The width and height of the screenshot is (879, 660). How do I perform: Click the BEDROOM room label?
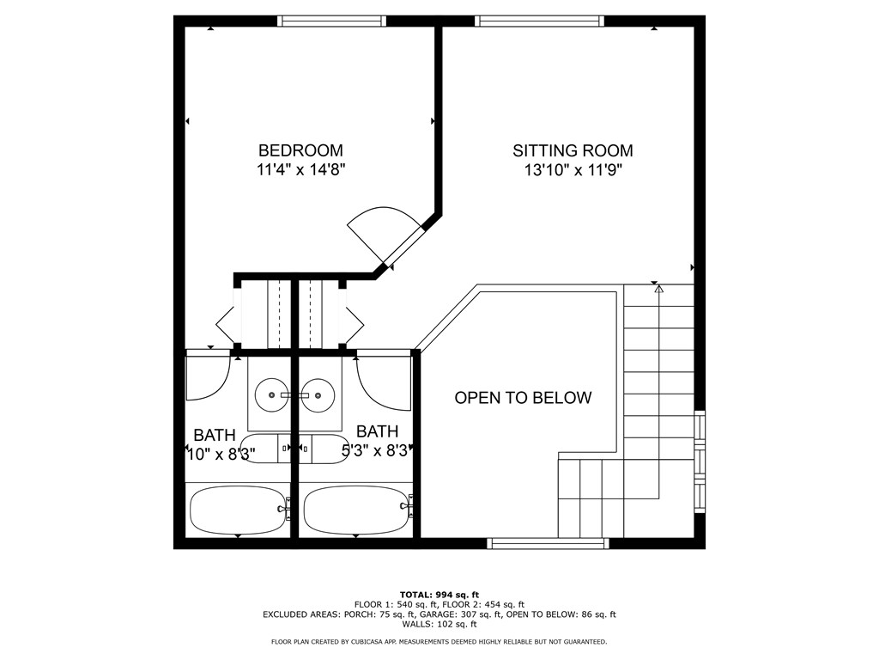[300, 150]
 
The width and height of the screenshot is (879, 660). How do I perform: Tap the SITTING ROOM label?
[573, 150]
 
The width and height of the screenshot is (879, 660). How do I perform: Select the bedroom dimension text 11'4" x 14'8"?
[300, 170]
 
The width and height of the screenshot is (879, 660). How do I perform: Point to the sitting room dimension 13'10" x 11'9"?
[573, 170]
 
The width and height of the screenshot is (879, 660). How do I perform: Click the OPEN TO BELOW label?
[522, 398]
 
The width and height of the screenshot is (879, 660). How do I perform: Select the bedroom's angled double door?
[382, 236]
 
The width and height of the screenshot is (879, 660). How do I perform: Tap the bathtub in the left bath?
[237, 510]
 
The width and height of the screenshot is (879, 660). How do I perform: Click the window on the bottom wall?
[548, 543]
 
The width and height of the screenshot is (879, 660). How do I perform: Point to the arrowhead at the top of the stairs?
[658, 290]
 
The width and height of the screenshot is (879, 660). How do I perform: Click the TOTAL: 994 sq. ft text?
[439, 595]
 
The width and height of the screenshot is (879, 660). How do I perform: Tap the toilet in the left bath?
[262, 449]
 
